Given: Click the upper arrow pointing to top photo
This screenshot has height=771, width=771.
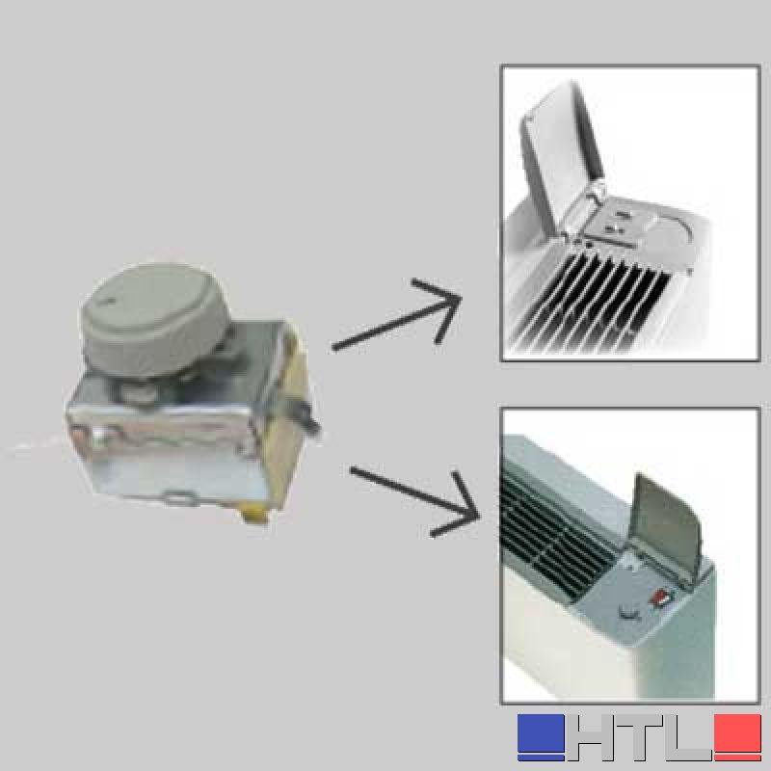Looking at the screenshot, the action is click(397, 315).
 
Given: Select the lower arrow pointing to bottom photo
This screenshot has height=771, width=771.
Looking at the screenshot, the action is click(415, 500).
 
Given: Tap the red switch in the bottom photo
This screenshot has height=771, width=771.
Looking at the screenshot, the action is click(660, 599).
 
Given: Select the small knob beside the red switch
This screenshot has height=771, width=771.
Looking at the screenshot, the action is click(628, 613).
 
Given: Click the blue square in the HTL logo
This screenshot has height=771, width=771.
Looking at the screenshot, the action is click(541, 736).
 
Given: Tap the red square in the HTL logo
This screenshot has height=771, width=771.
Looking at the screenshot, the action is click(737, 736).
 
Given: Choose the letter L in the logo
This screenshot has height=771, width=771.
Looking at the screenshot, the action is click(688, 736).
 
